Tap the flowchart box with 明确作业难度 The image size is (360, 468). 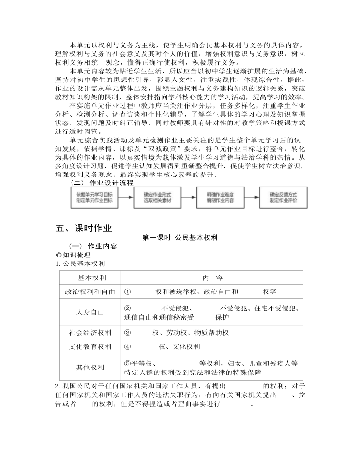[x=220, y=197]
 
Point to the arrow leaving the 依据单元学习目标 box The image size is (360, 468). [x=125, y=197]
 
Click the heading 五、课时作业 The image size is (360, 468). [x=84, y=228]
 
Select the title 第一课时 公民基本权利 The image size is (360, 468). [x=180, y=238]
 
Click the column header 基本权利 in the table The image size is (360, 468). [x=91, y=278]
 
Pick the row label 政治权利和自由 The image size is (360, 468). [x=90, y=292]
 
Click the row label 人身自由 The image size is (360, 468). [x=90, y=312]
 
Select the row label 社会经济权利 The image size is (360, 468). [x=90, y=333]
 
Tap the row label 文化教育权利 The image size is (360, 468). [x=90, y=347]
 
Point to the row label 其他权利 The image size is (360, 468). [x=90, y=367]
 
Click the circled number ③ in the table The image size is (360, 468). [x=127, y=333]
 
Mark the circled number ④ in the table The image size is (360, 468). [x=127, y=347]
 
